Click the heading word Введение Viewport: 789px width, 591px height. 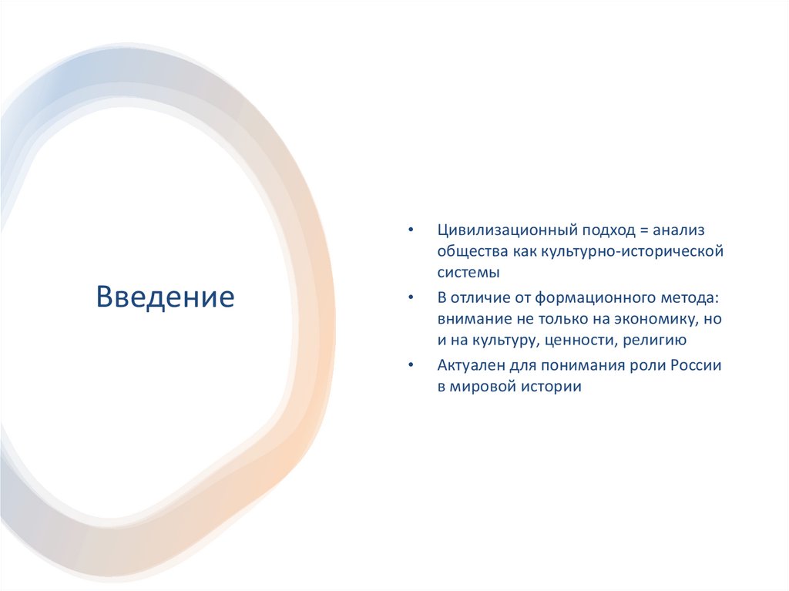(165, 296)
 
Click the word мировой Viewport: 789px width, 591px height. (485, 387)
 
